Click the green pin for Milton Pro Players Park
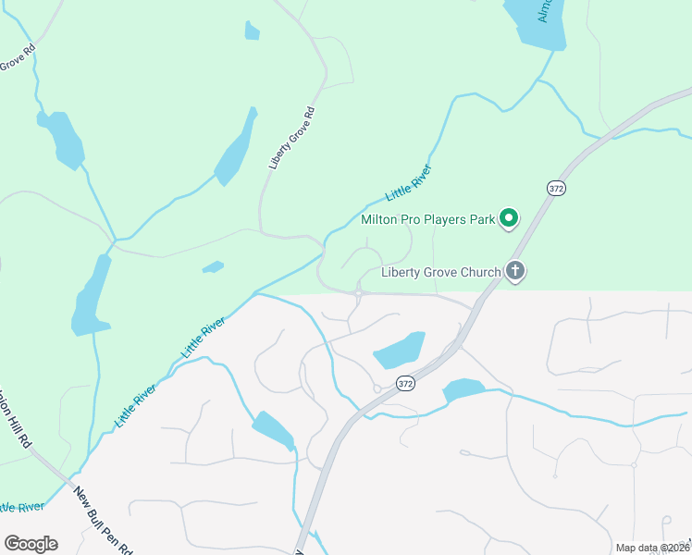508,218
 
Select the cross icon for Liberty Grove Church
515,272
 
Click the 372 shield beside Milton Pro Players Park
555,188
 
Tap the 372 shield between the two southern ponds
405,382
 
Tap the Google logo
31,544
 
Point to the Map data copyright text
651,549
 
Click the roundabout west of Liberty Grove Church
357,293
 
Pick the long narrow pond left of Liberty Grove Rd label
237,148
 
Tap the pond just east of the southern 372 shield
463,390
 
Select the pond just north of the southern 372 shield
399,351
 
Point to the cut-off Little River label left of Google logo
20,508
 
